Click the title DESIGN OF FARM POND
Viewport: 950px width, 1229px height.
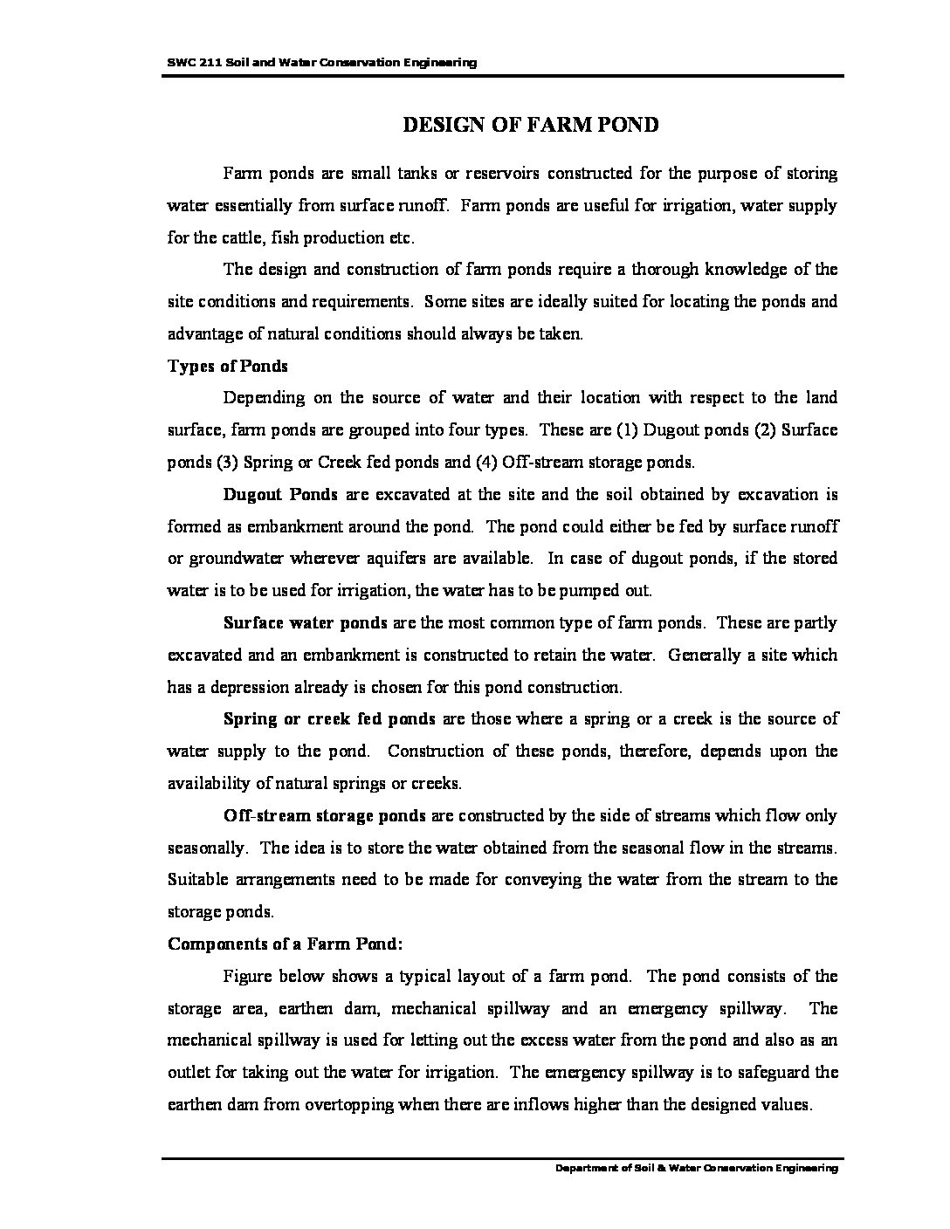530,125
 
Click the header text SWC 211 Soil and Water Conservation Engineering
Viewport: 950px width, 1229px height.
321,63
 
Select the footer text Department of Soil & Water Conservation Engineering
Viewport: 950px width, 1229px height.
697,1168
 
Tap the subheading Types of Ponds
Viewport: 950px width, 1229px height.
227,366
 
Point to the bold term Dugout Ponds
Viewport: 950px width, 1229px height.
280,495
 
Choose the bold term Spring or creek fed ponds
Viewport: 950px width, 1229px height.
329,719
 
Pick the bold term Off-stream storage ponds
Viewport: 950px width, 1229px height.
324,816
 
